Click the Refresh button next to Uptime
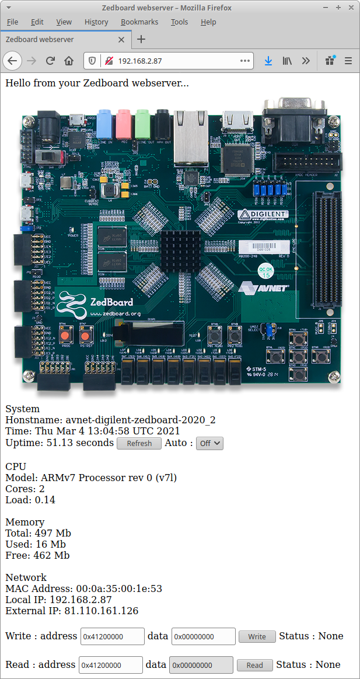pos(139,444)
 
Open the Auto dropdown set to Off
pos(209,444)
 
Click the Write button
pos(257,637)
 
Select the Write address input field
pos(112,636)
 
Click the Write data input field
pos(203,636)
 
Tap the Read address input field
pos(110,665)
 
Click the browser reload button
pos(50,61)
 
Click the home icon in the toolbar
pos(69,61)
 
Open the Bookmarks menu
pos(139,22)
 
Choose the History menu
pos(96,22)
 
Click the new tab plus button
pos(141,40)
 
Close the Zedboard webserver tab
pos(121,40)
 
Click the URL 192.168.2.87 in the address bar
pos(140,61)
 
